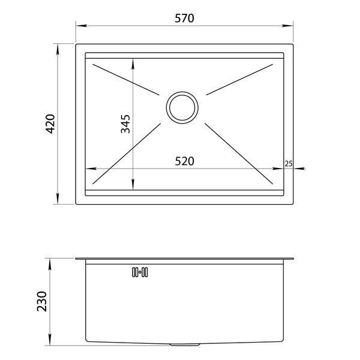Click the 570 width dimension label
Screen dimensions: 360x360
click(184, 19)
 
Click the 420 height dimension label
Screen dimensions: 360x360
click(50, 124)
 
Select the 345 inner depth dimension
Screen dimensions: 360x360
click(125, 124)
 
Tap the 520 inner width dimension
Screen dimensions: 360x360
click(184, 161)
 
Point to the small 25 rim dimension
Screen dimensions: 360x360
click(289, 164)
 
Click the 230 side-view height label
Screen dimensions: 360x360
click(42, 301)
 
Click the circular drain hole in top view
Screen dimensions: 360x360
click(182, 107)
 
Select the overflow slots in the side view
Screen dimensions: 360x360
click(140, 272)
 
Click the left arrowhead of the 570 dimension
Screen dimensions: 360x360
click(81, 25)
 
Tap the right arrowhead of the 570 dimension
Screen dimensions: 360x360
click(287, 25)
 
